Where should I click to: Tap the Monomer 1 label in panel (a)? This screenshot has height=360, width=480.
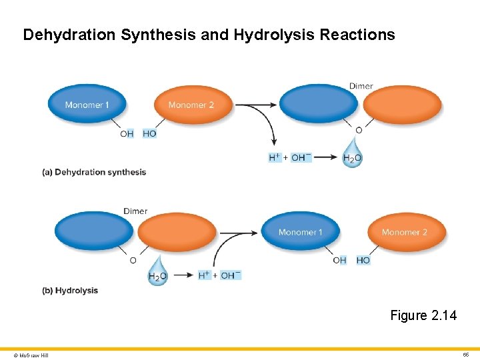(87, 105)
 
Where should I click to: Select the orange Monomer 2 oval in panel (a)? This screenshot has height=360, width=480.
(193, 105)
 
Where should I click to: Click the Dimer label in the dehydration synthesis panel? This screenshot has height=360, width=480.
(361, 86)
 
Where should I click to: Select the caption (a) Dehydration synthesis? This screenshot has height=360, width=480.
(94, 172)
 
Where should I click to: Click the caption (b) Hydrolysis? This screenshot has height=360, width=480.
(70, 291)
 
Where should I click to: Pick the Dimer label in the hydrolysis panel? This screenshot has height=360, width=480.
(135, 211)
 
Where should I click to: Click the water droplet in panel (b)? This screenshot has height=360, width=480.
(157, 271)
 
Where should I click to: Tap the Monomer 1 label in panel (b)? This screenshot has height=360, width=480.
(300, 232)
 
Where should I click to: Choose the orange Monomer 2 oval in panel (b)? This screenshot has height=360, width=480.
(405, 232)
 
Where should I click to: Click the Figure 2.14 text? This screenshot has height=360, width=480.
(423, 315)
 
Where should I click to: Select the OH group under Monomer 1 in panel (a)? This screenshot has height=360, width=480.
(127, 133)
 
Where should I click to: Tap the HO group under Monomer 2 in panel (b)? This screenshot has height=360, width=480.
(363, 260)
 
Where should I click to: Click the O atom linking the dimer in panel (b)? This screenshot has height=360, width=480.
(133, 260)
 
